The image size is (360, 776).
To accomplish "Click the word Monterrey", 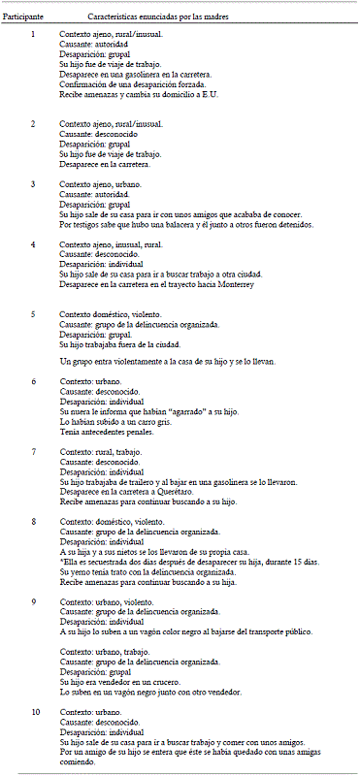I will click(x=232, y=284).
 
